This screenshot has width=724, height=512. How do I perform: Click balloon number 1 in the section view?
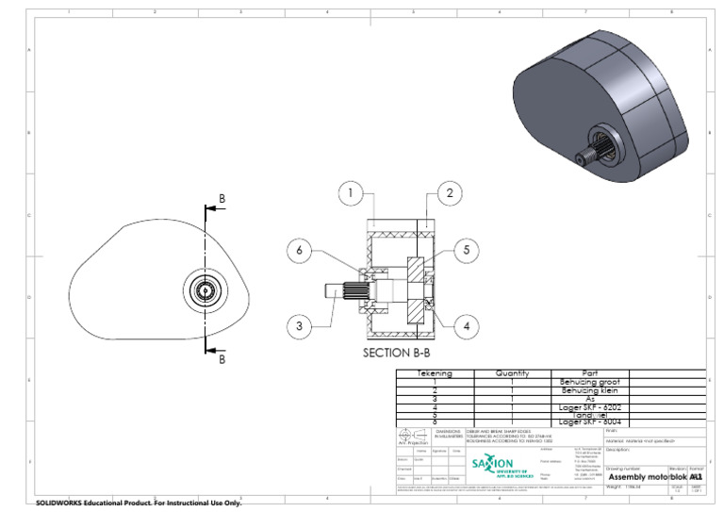click(x=350, y=194)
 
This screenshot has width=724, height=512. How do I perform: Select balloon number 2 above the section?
click(x=451, y=194)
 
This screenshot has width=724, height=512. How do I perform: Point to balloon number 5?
click(x=465, y=250)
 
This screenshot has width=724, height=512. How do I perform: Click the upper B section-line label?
click(x=222, y=198)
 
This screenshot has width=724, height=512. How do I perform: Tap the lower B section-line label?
click(x=222, y=359)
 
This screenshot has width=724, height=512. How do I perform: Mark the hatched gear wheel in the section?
click(x=416, y=290)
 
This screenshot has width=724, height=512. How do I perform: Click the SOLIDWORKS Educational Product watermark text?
click(x=139, y=504)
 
